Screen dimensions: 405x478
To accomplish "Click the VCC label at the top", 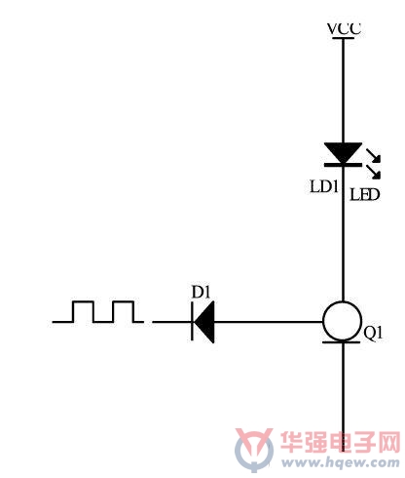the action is click(344, 28).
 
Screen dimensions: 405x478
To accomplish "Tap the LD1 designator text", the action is click(324, 187).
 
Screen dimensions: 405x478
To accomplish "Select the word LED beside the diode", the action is click(364, 195).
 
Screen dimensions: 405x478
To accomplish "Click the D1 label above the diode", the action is click(201, 292).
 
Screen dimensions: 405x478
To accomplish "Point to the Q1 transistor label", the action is click(373, 333).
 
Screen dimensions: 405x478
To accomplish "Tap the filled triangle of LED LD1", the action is click(343, 152).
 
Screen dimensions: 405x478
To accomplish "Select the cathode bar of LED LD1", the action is click(343, 165).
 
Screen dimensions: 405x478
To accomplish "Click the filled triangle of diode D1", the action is click(204, 322).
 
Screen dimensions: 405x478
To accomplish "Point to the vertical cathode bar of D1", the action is click(192, 322).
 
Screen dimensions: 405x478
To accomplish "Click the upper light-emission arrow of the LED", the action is click(373, 155).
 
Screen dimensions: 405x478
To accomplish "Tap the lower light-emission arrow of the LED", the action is click(373, 172).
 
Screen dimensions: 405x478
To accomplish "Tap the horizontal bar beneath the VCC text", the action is click(344, 38).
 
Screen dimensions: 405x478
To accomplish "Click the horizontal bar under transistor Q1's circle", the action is click(342, 342).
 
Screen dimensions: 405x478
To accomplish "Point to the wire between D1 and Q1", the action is click(269, 322).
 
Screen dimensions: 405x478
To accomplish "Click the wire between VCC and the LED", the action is click(343, 91).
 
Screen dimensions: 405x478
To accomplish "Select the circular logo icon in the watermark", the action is click(254, 451).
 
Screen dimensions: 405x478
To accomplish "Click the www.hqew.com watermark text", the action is click(341, 462).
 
